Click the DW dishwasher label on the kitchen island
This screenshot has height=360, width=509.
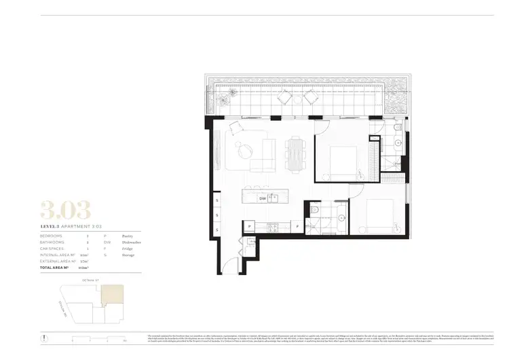[x=262, y=198]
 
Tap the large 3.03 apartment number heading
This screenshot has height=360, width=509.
[x=65, y=211]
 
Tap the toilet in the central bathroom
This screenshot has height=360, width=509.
[x=316, y=211]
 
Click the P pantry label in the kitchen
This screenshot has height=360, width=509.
[x=250, y=226]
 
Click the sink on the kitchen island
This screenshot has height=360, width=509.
[x=273, y=199]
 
